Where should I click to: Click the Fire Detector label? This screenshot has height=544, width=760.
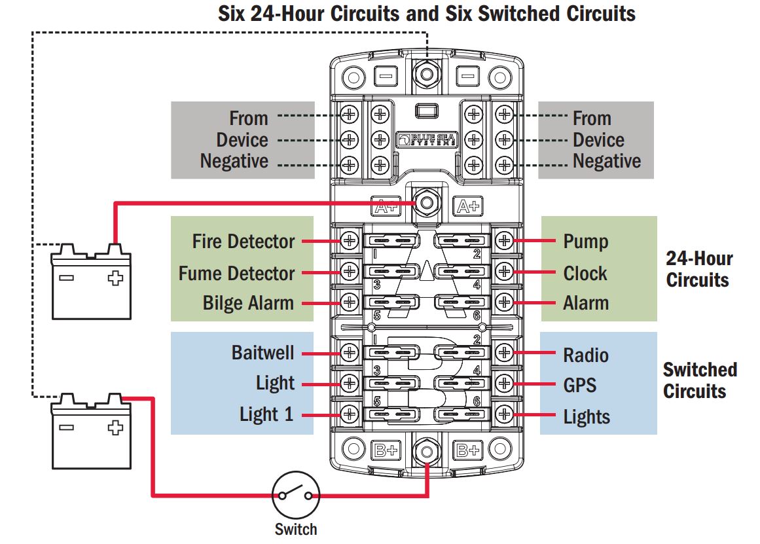(244, 241)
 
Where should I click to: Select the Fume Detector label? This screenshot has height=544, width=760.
(236, 272)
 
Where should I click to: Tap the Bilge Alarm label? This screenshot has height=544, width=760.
(248, 303)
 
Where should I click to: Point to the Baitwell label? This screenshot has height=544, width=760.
(264, 353)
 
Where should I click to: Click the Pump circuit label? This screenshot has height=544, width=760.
(586, 241)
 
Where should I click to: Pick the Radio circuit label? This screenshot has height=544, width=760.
(586, 355)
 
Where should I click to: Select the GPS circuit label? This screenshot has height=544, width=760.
(580, 384)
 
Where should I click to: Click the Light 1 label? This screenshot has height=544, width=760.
(266, 414)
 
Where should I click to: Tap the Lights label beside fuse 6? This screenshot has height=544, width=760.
(587, 417)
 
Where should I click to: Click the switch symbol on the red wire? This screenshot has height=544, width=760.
(296, 496)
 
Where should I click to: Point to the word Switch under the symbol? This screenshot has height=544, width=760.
(296, 529)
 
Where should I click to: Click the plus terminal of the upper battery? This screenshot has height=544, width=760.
(115, 278)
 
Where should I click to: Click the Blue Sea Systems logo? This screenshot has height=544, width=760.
(426, 139)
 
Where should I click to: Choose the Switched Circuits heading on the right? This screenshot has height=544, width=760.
(699, 380)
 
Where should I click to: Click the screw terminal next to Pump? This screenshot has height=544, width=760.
(504, 241)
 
